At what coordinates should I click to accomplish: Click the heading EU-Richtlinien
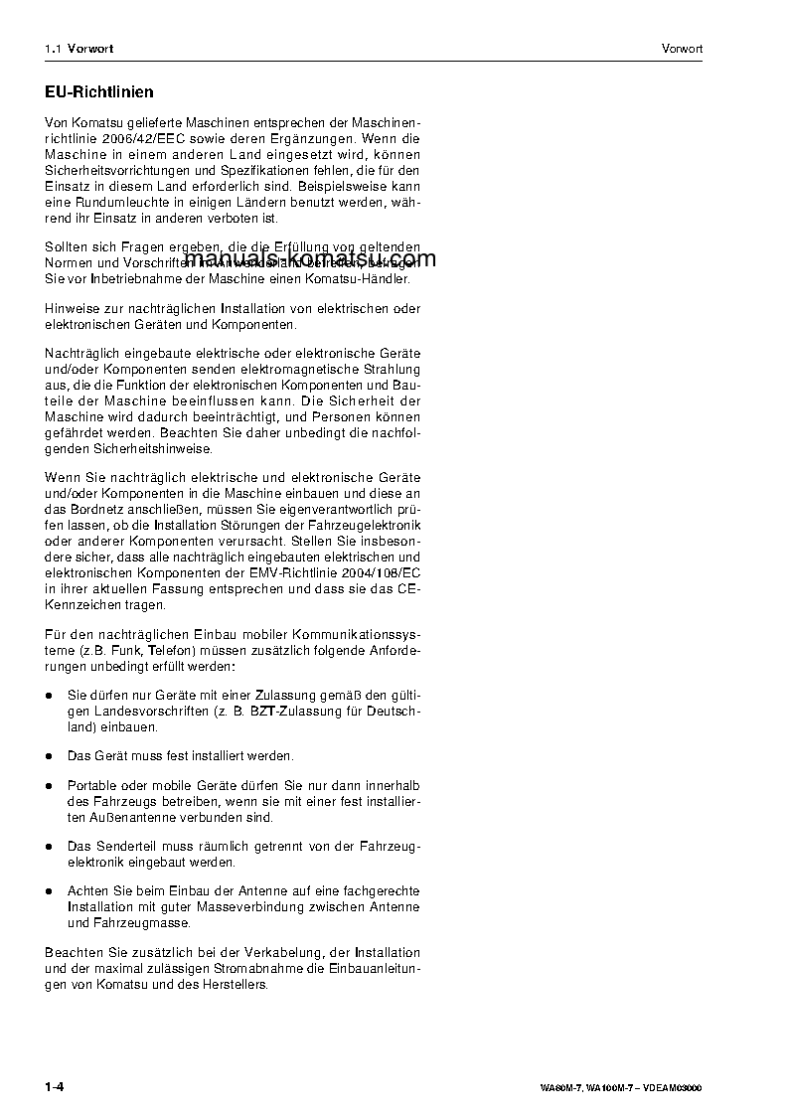tap(99, 92)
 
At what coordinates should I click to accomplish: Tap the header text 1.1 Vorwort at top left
tap(79, 49)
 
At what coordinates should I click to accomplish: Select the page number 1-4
tap(55, 1086)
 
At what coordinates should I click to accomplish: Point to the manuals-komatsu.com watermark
tap(310, 260)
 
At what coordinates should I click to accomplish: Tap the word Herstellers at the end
tap(235, 984)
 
